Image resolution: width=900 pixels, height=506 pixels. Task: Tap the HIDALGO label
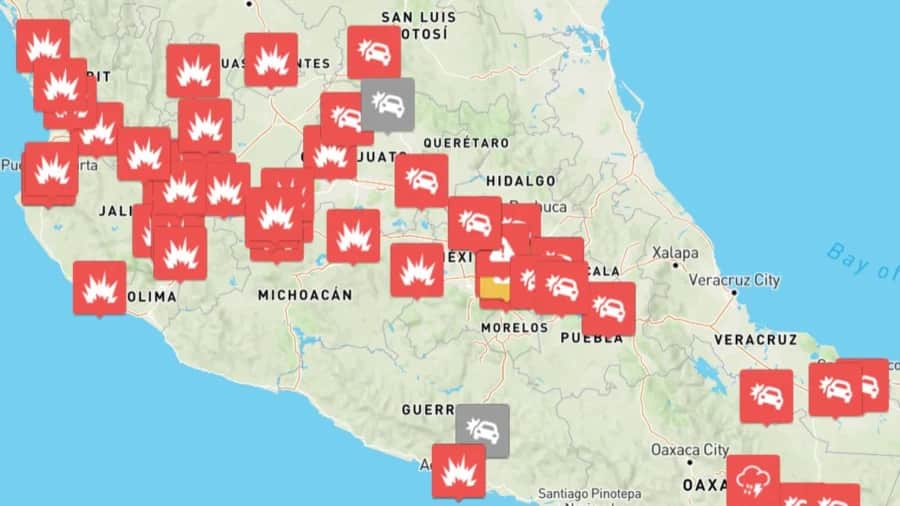(x=520, y=181)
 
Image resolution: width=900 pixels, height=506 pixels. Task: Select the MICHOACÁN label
(x=305, y=295)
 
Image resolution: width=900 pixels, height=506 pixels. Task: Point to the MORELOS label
(x=515, y=327)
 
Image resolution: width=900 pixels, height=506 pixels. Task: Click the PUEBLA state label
(x=591, y=338)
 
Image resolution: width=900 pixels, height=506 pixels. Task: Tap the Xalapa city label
(x=676, y=253)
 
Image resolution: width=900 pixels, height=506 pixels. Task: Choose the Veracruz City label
(x=734, y=280)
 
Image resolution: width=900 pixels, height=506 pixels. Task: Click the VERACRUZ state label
(x=755, y=340)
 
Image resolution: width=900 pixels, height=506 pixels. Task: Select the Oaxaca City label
(x=689, y=449)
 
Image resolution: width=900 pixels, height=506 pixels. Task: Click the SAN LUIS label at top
(x=418, y=17)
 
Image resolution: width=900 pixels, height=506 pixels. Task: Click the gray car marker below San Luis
(x=387, y=103)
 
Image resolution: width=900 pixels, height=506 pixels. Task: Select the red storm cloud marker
(x=753, y=480)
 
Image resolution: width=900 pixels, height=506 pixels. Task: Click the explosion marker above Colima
(x=100, y=287)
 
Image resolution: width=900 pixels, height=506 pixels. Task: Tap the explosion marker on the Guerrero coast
(x=458, y=470)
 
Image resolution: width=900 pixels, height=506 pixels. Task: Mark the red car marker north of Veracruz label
(x=766, y=395)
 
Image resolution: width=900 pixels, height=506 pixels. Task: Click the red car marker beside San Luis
(x=374, y=51)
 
